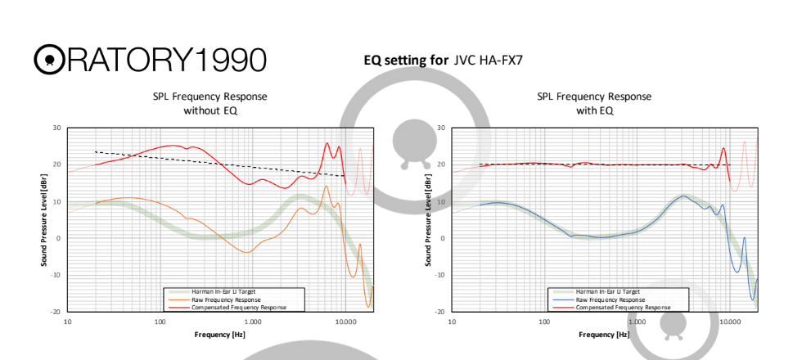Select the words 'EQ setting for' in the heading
[x=405, y=60]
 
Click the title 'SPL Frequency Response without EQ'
[x=210, y=103]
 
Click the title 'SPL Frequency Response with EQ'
[x=594, y=103]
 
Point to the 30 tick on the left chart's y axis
[x=56, y=128]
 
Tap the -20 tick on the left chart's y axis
[x=56, y=312]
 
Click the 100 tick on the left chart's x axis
[x=160, y=322]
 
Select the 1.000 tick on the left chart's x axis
[x=252, y=322]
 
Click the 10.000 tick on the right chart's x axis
[x=730, y=322]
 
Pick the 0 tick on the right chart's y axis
[x=444, y=238]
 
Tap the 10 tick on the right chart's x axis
[x=453, y=322]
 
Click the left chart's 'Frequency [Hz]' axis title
[x=219, y=335]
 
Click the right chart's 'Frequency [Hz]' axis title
[x=604, y=335]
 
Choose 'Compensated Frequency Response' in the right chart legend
[x=623, y=307]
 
